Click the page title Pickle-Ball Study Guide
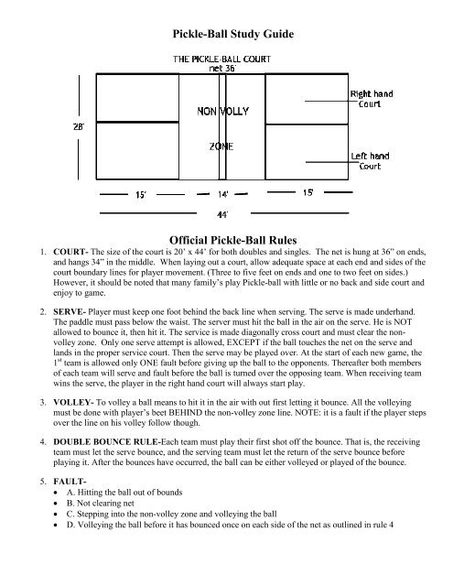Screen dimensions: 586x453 coord(226,36)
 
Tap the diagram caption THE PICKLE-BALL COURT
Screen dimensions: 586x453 coord(225,60)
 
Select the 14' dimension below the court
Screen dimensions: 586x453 coord(223,193)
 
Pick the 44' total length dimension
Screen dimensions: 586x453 coord(222,214)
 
